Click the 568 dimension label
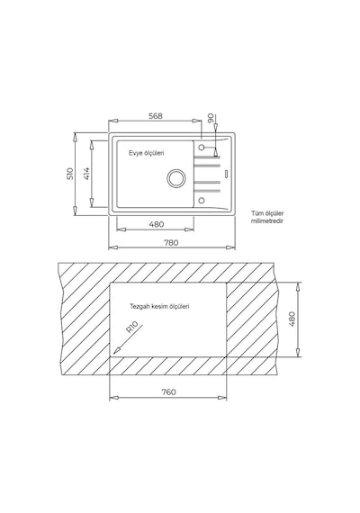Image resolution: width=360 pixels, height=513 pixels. [156, 116]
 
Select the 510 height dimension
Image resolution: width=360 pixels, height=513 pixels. [70, 174]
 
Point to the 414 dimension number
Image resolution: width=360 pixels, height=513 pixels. [86, 174]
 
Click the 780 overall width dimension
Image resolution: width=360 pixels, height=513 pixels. [171, 242]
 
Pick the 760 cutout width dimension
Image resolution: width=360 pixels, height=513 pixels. [168, 391]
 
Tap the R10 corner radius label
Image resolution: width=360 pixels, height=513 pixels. [132, 328]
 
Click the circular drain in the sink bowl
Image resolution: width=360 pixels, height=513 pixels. [176, 178]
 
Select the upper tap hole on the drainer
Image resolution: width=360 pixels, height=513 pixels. [202, 148]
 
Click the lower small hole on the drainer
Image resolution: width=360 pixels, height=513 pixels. [202, 200]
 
